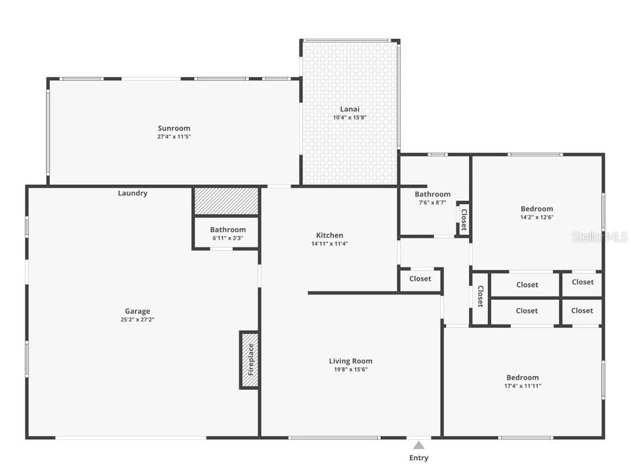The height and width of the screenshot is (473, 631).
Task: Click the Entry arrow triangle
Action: click(x=418, y=445)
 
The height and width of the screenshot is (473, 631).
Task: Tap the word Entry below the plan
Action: click(x=418, y=458)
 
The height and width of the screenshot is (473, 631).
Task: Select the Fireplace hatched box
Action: click(x=250, y=360)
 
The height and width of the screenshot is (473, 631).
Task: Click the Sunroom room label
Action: click(x=174, y=128)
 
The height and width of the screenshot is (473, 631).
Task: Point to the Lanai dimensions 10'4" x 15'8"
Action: click(x=350, y=118)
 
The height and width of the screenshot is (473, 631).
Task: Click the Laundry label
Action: click(x=132, y=193)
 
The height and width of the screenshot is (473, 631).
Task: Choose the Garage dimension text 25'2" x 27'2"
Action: click(x=137, y=320)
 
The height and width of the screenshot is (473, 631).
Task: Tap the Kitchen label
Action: click(x=330, y=235)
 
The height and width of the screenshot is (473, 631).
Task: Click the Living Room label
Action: click(x=351, y=361)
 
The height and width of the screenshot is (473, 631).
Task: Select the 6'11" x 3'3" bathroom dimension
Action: click(x=228, y=238)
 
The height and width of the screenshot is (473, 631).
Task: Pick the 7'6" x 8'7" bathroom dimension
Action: click(x=432, y=203)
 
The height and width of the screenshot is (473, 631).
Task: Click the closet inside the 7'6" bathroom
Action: click(x=463, y=219)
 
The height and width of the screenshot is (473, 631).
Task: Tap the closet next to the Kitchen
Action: click(x=420, y=279)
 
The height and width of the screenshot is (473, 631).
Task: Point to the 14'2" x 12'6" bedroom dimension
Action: click(x=537, y=217)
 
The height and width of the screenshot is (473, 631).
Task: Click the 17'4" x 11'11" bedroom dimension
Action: click(x=523, y=386)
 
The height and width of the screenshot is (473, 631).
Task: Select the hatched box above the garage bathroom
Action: click(x=226, y=201)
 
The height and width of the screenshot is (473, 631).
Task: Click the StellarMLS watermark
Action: click(x=599, y=236)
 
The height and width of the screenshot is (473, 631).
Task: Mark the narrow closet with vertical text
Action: click(x=480, y=297)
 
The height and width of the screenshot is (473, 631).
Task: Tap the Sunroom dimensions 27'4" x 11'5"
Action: click(x=174, y=137)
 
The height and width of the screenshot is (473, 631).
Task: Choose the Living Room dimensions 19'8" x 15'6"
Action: click(x=351, y=370)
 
